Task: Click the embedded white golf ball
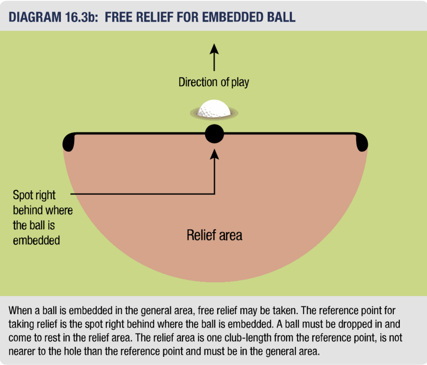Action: click(214, 109)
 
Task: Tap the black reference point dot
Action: click(214, 134)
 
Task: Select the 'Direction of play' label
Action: click(214, 82)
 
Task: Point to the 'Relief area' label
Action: click(214, 235)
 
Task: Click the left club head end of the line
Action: click(68, 142)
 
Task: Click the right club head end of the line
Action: click(362, 142)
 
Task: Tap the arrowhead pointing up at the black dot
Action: click(214, 154)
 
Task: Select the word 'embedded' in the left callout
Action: click(36, 240)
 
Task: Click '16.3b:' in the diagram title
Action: click(81, 17)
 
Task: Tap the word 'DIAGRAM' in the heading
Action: click(35, 17)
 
